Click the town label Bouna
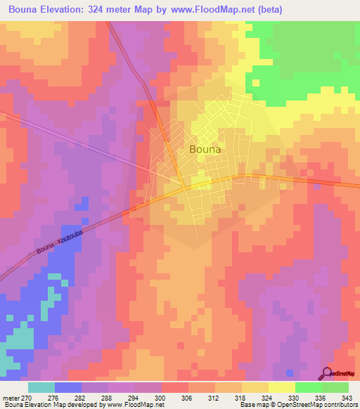[205, 149]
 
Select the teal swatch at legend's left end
[41, 387]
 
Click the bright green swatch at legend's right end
[335, 387]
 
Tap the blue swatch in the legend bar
[68, 387]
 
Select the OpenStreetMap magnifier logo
[326, 373]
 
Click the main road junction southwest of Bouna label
[184, 187]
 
